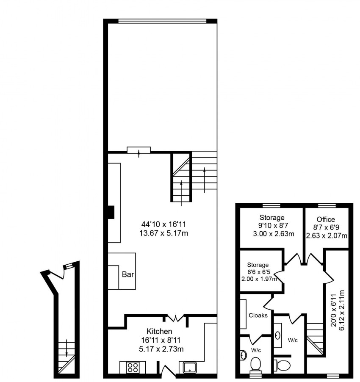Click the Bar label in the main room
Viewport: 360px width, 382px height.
click(128, 274)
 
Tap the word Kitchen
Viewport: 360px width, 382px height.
click(159, 331)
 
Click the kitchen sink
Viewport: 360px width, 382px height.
click(188, 367)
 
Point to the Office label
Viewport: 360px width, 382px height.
click(326, 219)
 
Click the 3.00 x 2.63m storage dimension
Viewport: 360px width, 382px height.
click(271, 234)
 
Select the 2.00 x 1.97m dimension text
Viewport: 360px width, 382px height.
click(259, 279)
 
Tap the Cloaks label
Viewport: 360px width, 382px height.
click(258, 315)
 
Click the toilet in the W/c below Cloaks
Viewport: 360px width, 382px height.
click(256, 364)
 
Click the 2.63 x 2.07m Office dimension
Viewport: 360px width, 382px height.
click(327, 235)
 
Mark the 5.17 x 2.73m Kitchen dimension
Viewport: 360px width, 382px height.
click(159, 349)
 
